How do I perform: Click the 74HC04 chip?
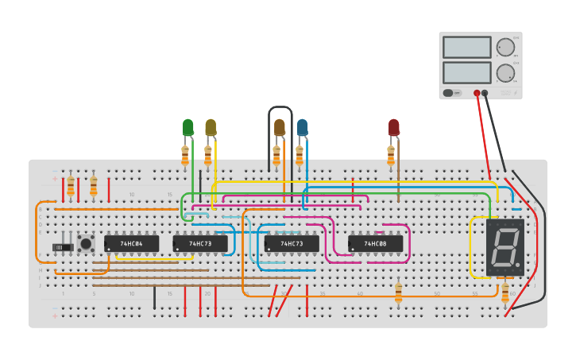tap(131, 243)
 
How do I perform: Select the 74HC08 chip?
tap(375, 243)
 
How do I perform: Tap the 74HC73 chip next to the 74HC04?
tap(200, 243)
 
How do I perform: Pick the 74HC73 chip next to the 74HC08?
tap(292, 243)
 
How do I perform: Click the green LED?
tap(187, 127)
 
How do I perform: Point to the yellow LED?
tap(211, 127)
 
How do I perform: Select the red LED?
tap(394, 127)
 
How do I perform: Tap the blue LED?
tap(302, 127)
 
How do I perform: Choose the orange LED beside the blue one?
tap(279, 127)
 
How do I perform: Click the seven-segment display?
tap(505, 247)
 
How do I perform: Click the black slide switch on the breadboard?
tap(62, 247)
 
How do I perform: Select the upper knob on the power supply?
tap(505, 47)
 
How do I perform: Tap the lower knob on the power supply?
tap(505, 73)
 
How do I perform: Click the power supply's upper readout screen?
tap(466, 47)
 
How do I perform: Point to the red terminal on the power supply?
tap(477, 93)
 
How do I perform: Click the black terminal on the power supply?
tap(485, 93)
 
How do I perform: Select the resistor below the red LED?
tap(391, 155)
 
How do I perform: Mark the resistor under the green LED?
tap(185, 155)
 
